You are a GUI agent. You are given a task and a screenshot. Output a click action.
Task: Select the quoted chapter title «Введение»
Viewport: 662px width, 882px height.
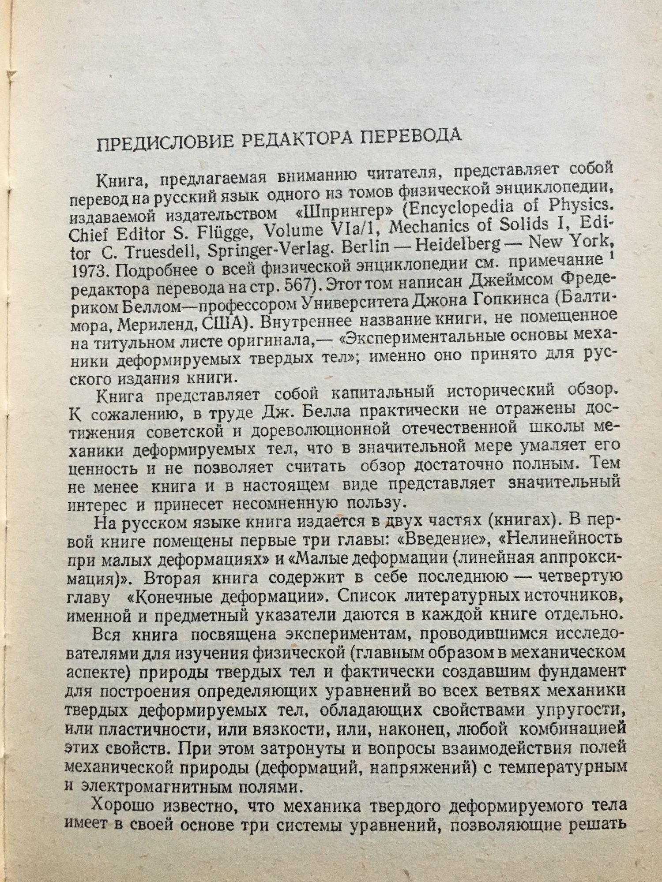pos(450,538)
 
